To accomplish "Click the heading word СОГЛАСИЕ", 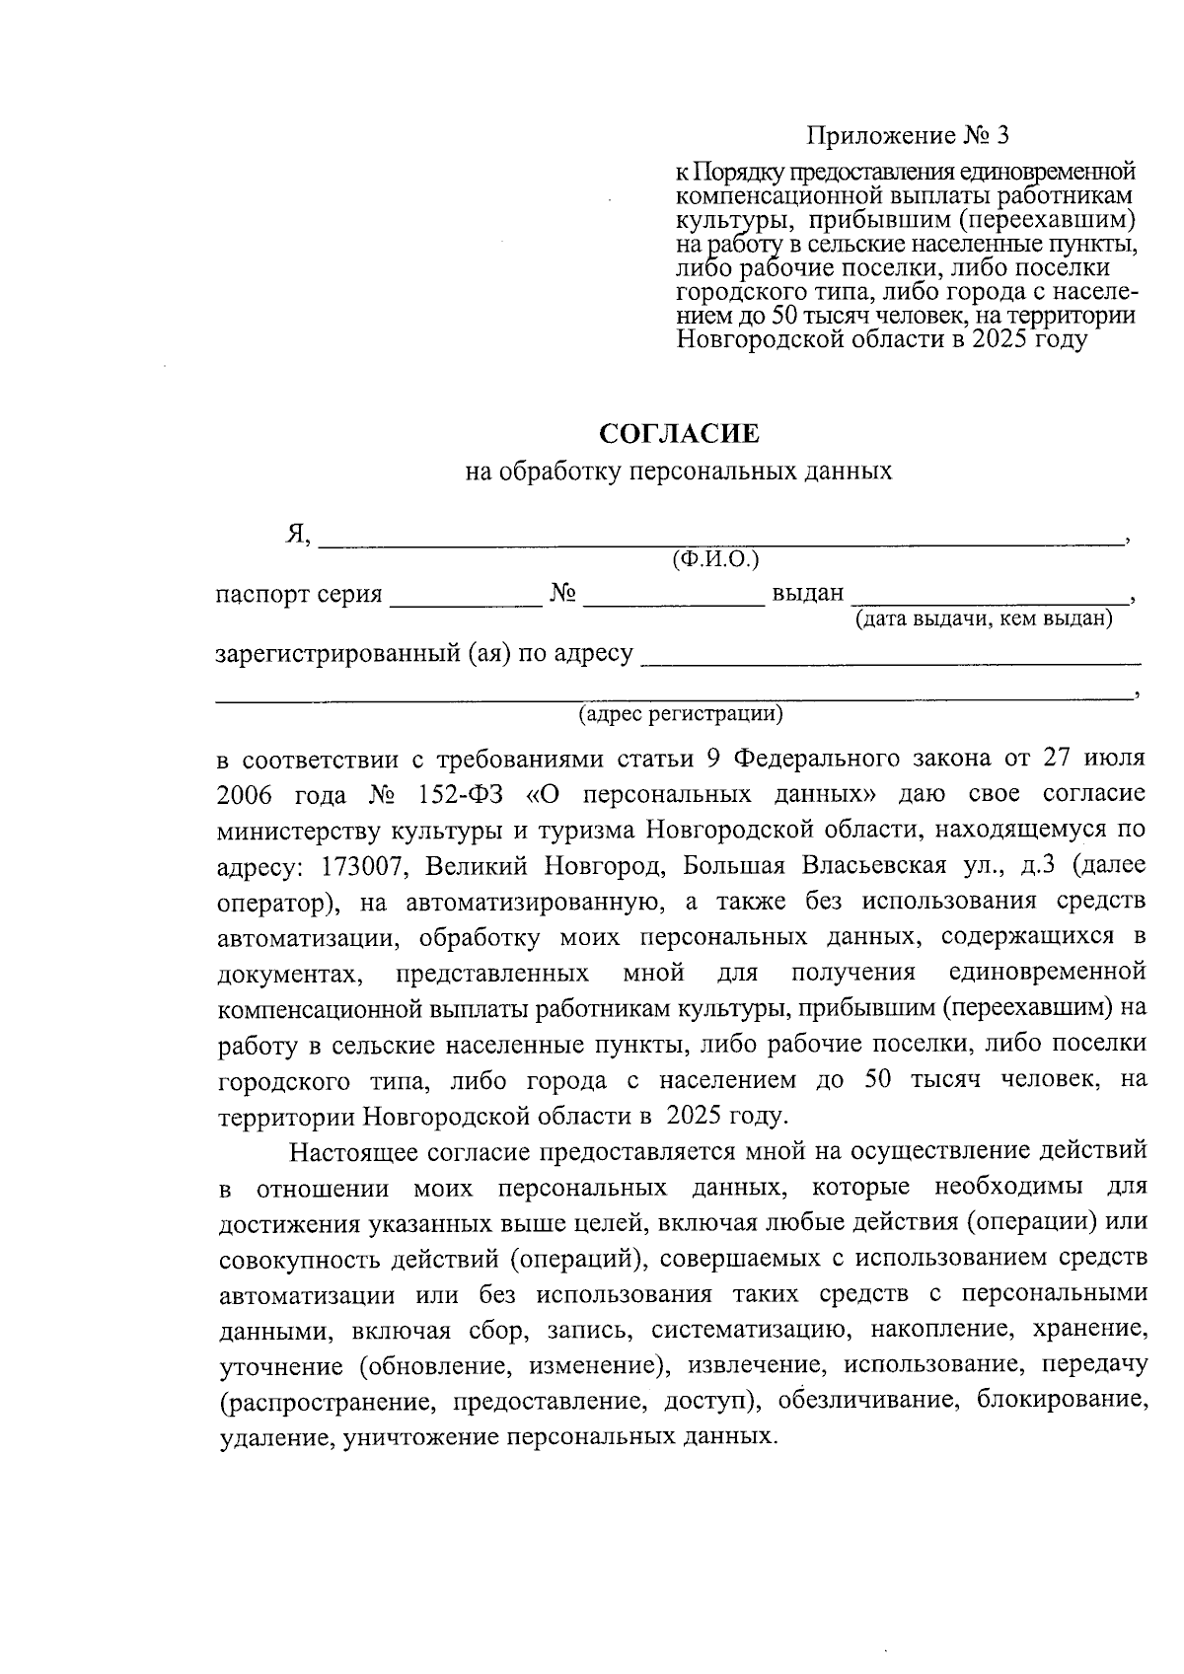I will click(x=680, y=434).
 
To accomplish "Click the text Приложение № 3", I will click(x=909, y=135).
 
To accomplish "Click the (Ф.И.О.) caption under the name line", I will click(x=715, y=560).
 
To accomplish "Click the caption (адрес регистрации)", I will click(x=681, y=712).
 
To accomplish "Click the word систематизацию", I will click(x=746, y=1330).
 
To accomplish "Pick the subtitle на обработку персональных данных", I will click(x=679, y=472).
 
